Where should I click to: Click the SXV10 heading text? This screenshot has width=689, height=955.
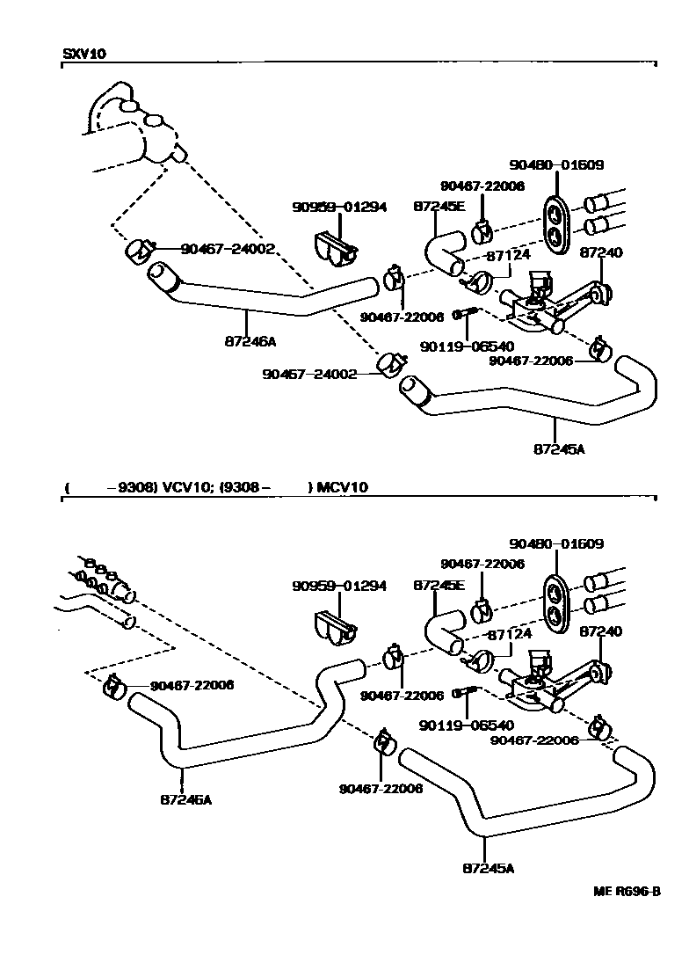84,54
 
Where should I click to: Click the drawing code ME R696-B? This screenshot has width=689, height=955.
626,891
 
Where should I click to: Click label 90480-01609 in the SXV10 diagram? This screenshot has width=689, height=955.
556,164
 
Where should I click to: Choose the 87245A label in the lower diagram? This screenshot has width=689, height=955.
488,868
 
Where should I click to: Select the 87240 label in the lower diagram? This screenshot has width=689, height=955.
601,631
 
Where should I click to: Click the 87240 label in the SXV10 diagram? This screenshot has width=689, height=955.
601,252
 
